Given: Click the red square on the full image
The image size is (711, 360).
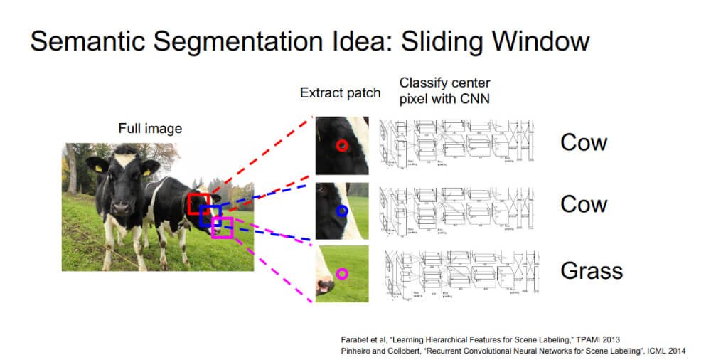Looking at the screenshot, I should (199, 203).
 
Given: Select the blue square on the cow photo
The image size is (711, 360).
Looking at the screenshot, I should (210, 216).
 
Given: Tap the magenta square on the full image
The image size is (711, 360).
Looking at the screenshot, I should (223, 227).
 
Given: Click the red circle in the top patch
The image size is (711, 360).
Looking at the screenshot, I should (342, 145).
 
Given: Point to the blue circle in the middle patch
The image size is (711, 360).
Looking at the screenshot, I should (342, 211).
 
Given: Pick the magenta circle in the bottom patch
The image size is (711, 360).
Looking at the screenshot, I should (342, 273).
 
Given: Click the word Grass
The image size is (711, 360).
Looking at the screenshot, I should (592, 270).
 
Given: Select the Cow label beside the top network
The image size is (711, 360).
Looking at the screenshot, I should (584, 142).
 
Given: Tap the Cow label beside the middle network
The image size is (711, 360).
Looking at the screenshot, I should (584, 204).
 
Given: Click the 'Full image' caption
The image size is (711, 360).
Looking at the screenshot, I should (150, 129).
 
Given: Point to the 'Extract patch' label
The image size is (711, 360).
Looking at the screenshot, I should (340, 93).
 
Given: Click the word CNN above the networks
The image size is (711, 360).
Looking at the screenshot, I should (474, 98).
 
